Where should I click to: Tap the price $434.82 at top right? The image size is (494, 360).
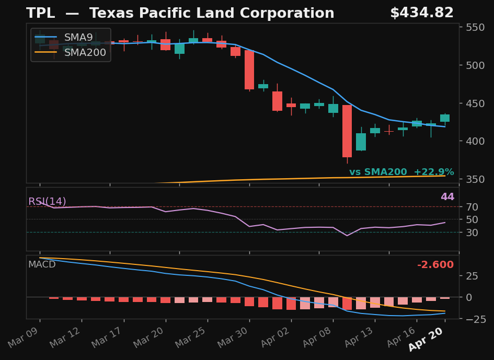pos(421,14)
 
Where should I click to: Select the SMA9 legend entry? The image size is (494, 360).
pos(78,38)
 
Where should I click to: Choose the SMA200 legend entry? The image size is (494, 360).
pos(85,52)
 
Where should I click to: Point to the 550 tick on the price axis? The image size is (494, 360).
pos(476,27)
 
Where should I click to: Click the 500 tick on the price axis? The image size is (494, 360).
pos(476,65)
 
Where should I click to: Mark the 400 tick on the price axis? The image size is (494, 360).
pos(476,141)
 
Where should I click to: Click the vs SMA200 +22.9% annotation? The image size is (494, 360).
pos(401,172)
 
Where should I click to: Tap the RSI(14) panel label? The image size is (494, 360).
pos(47,202)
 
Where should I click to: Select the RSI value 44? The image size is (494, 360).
pos(447,197)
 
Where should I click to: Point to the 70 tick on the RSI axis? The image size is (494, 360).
pos(472,206)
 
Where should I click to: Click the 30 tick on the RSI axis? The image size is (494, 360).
pos(472,232)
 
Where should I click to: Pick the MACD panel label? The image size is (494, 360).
pos(42,264)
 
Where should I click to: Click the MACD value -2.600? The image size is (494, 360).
pos(435,265)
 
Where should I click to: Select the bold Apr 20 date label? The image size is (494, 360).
pos(426,339)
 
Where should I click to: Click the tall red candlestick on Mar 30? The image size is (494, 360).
pos(249,69)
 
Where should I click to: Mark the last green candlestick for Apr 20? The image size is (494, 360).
pos(445,118)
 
